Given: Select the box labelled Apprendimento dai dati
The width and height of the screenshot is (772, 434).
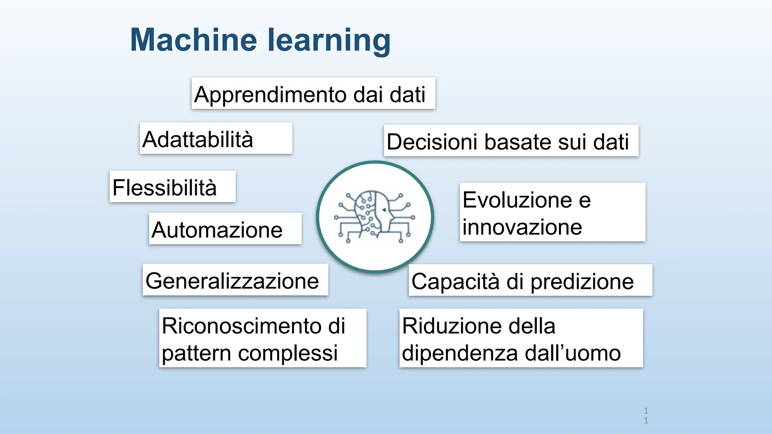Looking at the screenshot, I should [x=313, y=94].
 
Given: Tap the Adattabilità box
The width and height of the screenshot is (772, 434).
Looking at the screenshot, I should [x=216, y=138].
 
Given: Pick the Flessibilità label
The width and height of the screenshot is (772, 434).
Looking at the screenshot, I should [x=172, y=187].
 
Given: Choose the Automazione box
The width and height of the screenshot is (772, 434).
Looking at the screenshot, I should [x=225, y=229].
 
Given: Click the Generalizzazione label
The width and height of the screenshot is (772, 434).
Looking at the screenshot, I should [x=235, y=280].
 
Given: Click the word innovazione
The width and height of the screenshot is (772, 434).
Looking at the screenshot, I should [x=522, y=227].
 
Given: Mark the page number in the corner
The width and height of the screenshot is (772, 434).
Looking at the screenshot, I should [x=646, y=416].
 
